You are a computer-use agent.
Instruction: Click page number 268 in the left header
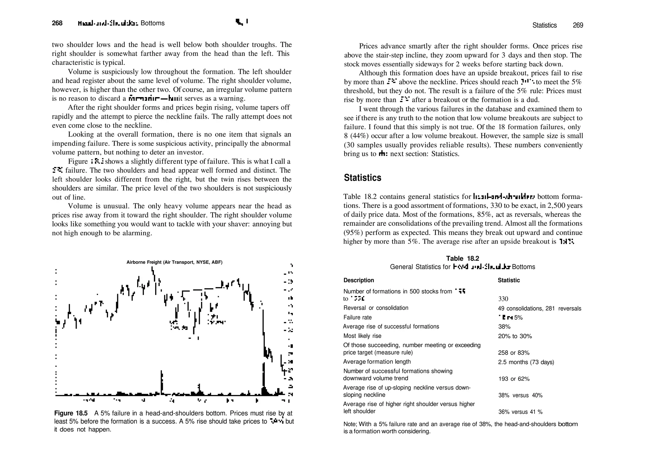click(57, 23)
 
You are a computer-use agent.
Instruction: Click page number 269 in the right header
click(578, 25)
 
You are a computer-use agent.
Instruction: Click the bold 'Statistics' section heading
click(362, 178)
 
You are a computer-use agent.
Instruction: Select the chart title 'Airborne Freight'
click(174, 262)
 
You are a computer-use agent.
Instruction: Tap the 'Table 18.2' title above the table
click(462, 258)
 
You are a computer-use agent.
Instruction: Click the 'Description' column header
click(359, 280)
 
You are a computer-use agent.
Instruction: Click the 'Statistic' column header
click(509, 280)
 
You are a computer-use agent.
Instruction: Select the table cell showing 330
click(503, 299)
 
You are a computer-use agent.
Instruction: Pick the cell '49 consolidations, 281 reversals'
click(539, 308)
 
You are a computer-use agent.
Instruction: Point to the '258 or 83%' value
click(513, 353)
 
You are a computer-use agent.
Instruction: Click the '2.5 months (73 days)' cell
click(526, 362)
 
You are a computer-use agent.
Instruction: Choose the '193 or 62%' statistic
click(514, 379)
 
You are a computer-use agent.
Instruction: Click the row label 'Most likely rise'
click(362, 336)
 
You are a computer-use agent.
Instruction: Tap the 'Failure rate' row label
click(357, 317)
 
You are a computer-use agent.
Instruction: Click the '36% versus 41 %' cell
click(520, 412)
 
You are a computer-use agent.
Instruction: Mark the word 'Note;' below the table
click(351, 424)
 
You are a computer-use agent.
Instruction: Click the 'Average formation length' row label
click(377, 362)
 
